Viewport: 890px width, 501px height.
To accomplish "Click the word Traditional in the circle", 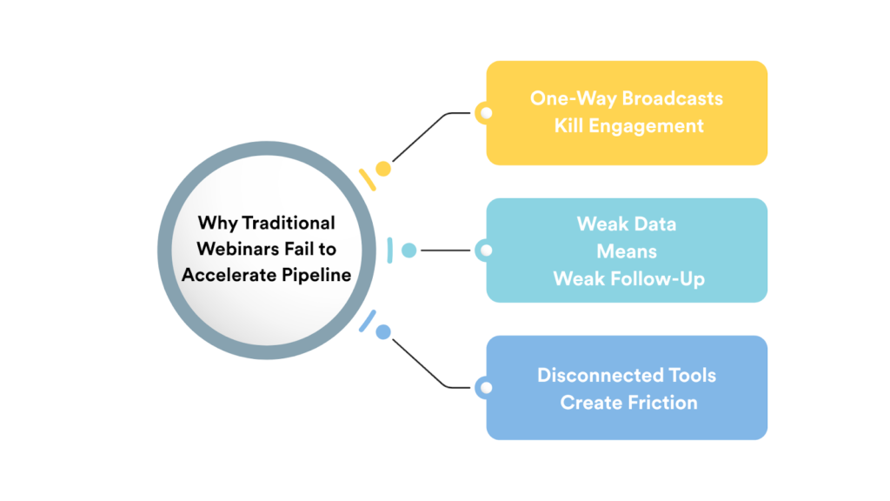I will (x=292, y=224).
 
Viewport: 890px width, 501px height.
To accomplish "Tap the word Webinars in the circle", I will (x=232, y=250).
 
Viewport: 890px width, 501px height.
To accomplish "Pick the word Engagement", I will (x=646, y=125).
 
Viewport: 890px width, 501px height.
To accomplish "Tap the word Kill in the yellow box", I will (x=569, y=125).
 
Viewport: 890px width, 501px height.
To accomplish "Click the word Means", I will (x=626, y=250).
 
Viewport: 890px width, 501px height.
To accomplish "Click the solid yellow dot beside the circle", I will (x=382, y=169).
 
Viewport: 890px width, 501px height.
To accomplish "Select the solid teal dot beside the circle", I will (x=408, y=250).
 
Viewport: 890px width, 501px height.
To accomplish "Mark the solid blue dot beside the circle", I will (x=382, y=331).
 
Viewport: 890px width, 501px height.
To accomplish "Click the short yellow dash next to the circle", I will (x=367, y=179).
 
